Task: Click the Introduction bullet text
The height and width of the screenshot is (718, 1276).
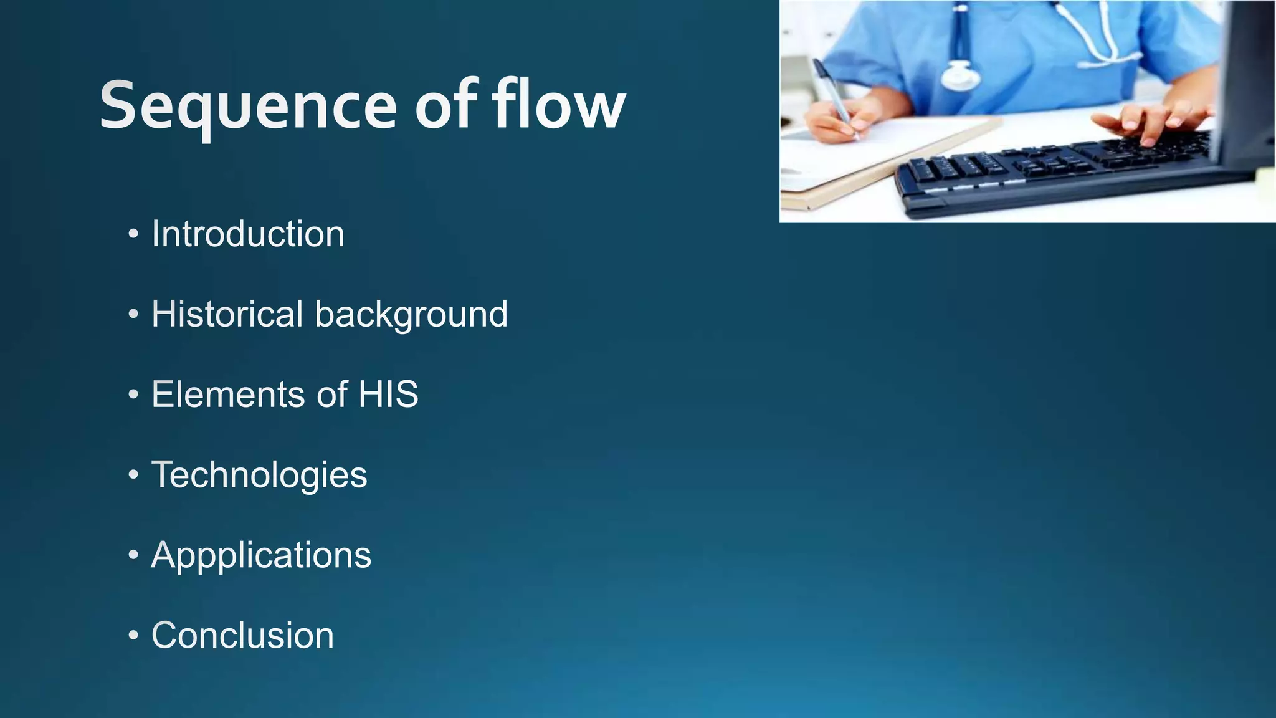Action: click(x=247, y=234)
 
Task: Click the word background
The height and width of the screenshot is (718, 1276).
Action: click(x=411, y=315)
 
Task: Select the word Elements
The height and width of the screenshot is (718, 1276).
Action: click(x=227, y=395)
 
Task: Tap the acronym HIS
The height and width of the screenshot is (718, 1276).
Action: click(x=388, y=395)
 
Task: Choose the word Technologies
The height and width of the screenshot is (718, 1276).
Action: click(x=259, y=476)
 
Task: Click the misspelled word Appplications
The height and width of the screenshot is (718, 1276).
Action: click(x=261, y=555)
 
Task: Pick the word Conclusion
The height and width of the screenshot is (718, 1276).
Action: click(x=242, y=635)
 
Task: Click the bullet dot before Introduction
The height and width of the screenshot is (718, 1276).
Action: click(x=133, y=236)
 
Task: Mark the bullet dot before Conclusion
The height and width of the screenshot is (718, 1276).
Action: click(x=133, y=636)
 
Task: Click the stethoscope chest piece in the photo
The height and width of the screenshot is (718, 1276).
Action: click(x=960, y=77)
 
